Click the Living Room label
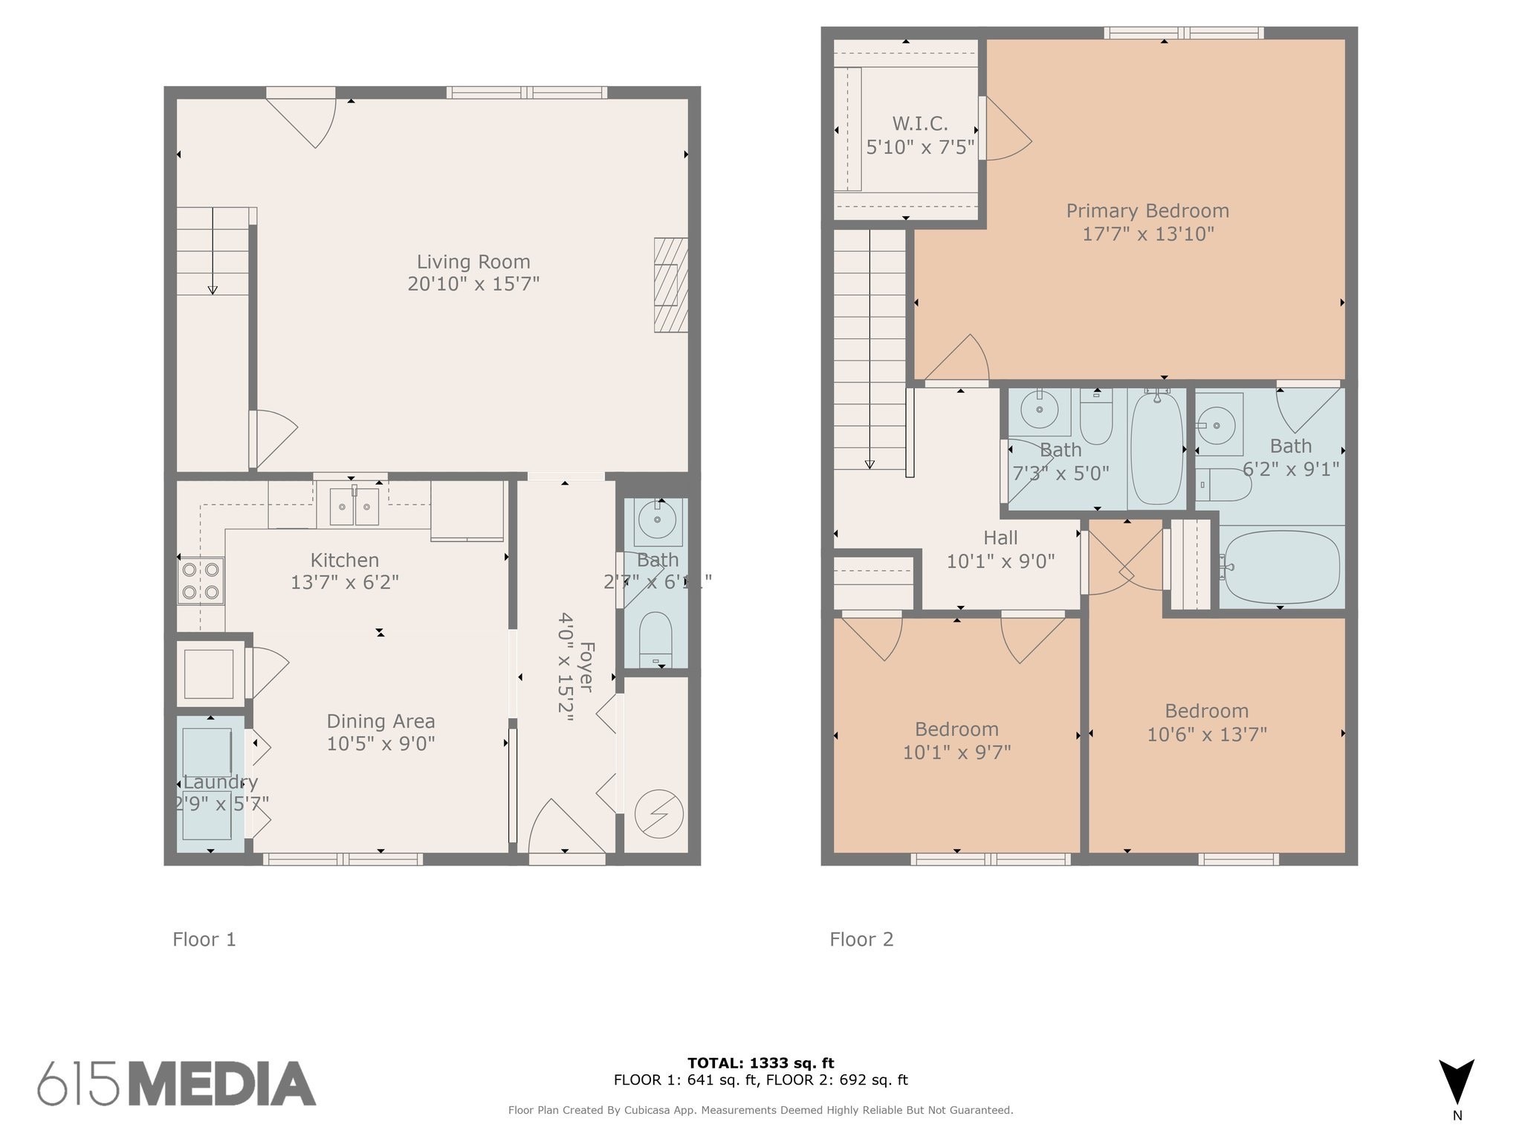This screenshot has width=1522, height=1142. point(473,262)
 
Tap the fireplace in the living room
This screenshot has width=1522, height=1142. point(670,285)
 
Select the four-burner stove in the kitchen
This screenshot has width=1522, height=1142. point(201,581)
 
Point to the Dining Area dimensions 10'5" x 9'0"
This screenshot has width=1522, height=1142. point(380,743)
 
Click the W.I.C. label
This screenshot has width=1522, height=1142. point(920,123)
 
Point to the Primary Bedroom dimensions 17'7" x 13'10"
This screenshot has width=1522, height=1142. point(1147,234)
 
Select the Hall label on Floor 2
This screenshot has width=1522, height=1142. point(1000,538)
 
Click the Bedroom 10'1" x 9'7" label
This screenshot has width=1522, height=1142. point(956,729)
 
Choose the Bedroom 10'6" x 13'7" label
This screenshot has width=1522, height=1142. point(1206,711)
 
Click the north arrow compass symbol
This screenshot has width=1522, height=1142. point(1456,1083)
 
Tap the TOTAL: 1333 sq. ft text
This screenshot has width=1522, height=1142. point(760,1062)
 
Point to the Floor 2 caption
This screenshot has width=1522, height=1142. point(861,940)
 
